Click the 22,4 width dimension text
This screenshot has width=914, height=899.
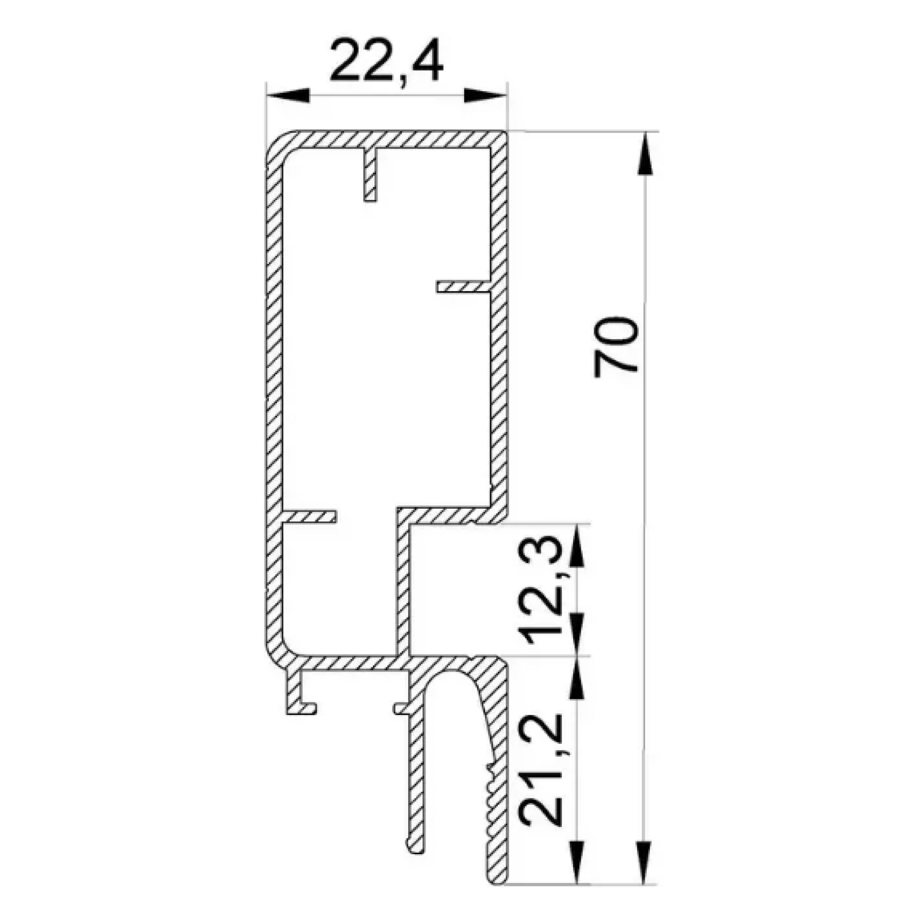(386, 61)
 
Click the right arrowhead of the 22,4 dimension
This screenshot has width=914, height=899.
(485, 96)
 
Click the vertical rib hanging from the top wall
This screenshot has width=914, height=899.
(370, 175)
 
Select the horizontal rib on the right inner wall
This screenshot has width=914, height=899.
(463, 287)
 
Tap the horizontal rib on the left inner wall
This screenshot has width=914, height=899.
(309, 517)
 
